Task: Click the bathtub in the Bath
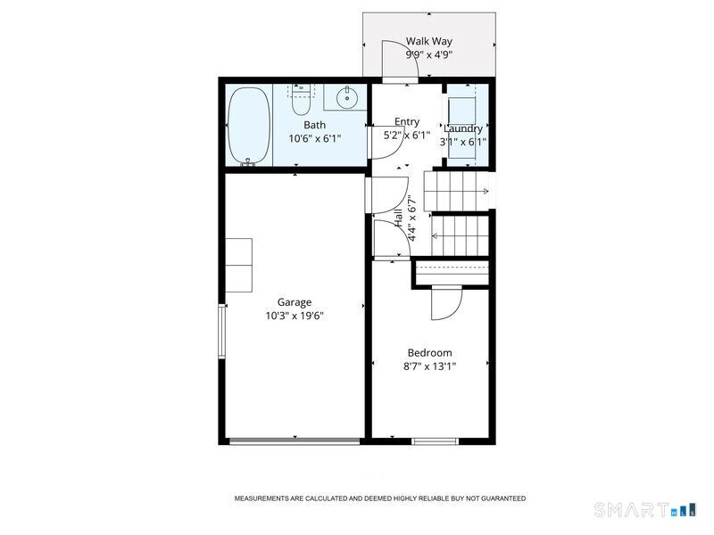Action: (249, 126)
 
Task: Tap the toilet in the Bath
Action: (301, 100)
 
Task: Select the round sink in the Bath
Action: (347, 97)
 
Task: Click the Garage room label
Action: (295, 302)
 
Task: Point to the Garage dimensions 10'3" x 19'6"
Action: (295, 316)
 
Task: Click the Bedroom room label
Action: (430, 352)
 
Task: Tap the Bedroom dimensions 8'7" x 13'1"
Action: (430, 366)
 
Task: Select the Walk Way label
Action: (429, 41)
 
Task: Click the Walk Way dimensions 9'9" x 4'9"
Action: (429, 55)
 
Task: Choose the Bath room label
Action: (315, 125)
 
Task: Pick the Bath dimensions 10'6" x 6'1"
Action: (315, 138)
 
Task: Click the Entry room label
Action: (407, 122)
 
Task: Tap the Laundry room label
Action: (462, 128)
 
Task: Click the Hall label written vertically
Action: (398, 218)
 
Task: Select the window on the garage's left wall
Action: (221, 331)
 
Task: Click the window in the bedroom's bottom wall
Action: (435, 441)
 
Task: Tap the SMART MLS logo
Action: (644, 509)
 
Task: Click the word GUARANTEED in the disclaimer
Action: (502, 498)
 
